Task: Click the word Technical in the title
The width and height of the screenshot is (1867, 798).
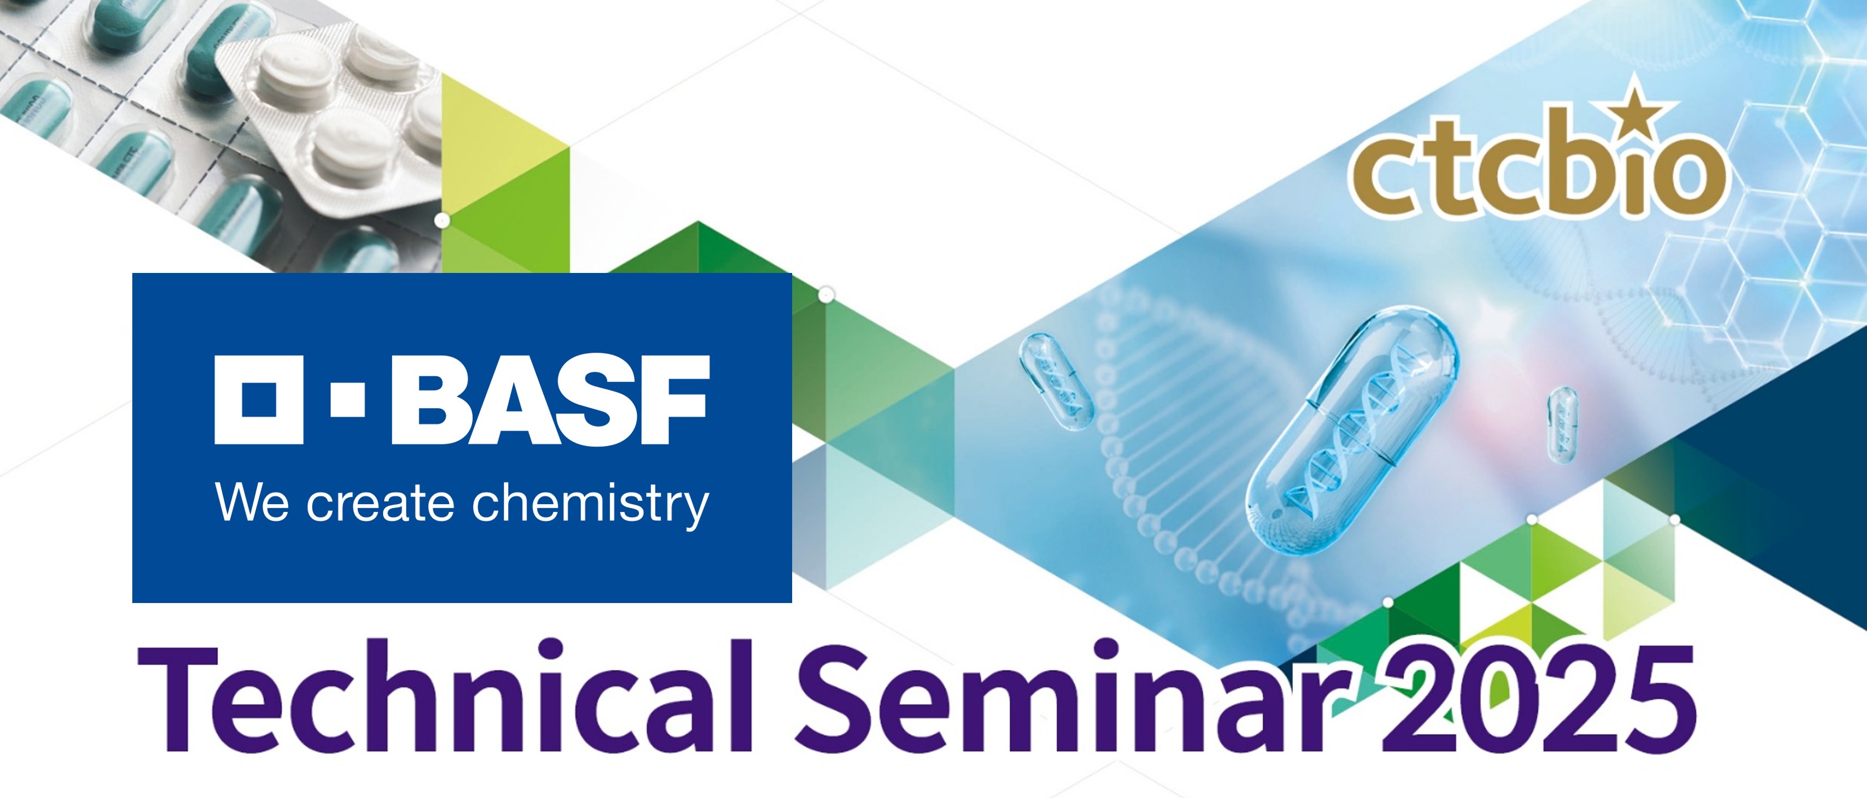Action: (444, 696)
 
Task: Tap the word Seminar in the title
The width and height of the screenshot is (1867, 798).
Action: (1073, 696)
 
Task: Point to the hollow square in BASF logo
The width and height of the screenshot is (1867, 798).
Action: (259, 399)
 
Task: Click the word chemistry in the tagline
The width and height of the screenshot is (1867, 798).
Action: (590, 504)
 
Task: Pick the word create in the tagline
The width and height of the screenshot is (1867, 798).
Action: (380, 504)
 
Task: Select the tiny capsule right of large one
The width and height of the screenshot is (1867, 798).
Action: (1562, 425)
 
